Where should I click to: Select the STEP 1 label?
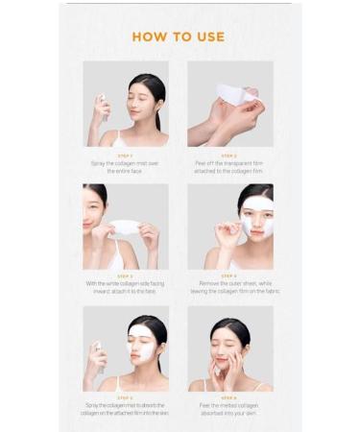[125, 155]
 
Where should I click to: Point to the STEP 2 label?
[229, 155]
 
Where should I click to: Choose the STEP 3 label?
[125, 276]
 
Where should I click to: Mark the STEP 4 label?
[229, 276]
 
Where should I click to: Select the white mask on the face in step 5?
[141, 342]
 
